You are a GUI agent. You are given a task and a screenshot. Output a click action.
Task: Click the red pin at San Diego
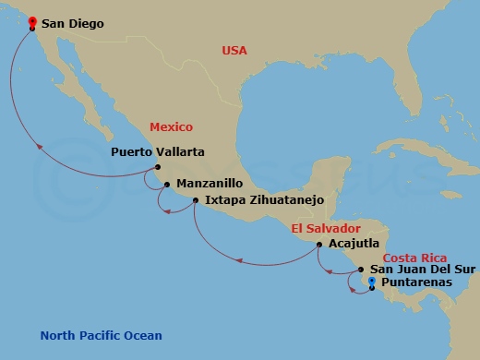click(x=32, y=22)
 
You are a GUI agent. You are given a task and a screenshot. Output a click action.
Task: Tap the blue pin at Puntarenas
click(x=372, y=282)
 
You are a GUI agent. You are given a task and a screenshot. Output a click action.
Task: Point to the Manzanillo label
click(x=210, y=183)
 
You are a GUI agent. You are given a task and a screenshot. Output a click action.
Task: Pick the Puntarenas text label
click(x=417, y=282)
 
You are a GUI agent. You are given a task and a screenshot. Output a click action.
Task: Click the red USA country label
click(x=234, y=51)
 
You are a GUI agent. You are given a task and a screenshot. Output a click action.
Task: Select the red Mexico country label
click(x=173, y=127)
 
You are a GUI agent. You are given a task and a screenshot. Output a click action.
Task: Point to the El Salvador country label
click(x=324, y=228)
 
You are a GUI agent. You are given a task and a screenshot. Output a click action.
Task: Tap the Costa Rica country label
click(x=414, y=258)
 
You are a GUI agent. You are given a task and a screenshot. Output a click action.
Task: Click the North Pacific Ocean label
click(x=102, y=336)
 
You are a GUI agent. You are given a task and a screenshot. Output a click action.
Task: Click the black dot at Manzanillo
click(x=167, y=184)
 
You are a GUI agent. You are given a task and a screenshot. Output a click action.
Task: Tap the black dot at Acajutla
click(x=319, y=245)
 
